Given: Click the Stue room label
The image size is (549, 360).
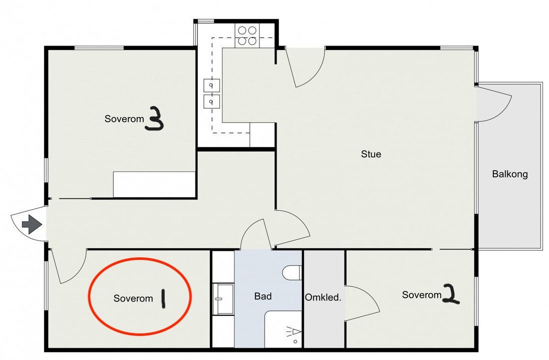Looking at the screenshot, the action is tap(371, 154).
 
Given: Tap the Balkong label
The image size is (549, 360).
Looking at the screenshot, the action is tap(510, 174).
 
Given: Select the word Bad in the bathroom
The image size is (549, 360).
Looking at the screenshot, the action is tap(263, 296).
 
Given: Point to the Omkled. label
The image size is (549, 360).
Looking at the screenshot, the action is tap(323, 298).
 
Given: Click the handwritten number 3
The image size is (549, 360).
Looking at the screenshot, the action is tap(154, 119).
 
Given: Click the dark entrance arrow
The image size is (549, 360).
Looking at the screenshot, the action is tap(32, 224).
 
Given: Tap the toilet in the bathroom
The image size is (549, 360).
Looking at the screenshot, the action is tap(292, 273).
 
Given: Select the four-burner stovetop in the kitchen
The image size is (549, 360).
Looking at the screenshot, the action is tap(247, 36).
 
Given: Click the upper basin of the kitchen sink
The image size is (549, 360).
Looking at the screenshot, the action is tap(212, 85).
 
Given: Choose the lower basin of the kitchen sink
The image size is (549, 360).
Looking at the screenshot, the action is tap(212, 101).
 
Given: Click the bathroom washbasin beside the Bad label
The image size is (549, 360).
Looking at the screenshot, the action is tap(223, 299).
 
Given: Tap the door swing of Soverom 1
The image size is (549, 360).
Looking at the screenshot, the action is tap(68, 266).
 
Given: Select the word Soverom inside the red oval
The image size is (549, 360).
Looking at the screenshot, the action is tap(133, 298).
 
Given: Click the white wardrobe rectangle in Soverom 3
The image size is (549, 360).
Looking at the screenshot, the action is tap(154, 184).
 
